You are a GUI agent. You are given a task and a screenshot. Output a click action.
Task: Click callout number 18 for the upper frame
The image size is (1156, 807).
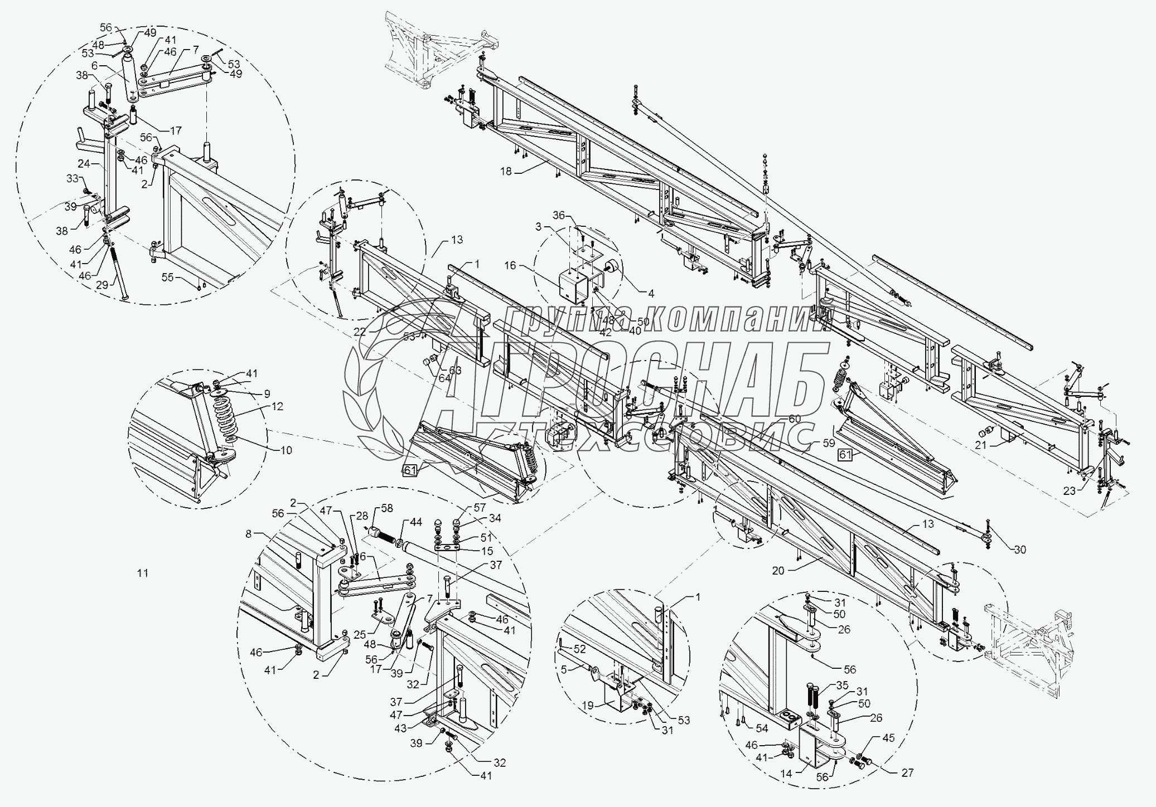pyautogui.click(x=505, y=172)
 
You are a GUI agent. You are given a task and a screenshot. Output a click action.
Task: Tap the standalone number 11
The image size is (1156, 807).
pyautogui.click(x=143, y=573)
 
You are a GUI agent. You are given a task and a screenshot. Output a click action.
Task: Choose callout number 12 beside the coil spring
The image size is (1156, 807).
pyautogui.click(x=277, y=406)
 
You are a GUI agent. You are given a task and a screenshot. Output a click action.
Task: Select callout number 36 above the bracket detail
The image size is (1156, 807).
pyautogui.click(x=559, y=216)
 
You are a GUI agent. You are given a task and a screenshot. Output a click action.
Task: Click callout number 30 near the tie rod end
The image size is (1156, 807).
pyautogui.click(x=1019, y=550)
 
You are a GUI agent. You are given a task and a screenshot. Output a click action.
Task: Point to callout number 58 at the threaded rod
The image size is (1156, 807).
pyautogui.click(x=387, y=508)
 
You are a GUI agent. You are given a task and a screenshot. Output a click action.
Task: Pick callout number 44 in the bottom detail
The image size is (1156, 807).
pyautogui.click(x=416, y=522)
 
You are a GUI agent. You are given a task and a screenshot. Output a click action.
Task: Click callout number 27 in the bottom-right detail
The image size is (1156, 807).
pyautogui.click(x=907, y=772)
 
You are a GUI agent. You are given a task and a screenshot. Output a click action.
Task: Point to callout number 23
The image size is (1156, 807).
pyautogui.click(x=1069, y=491)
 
